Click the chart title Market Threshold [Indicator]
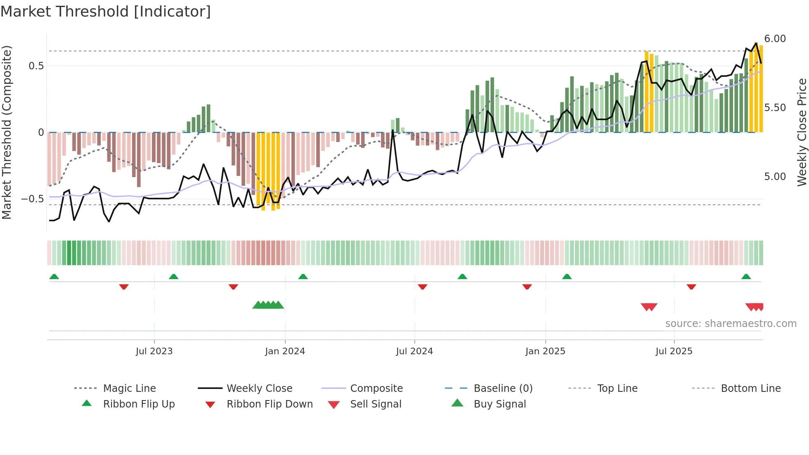[106, 12]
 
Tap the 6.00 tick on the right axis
[775, 39]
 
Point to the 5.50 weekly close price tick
[775, 108]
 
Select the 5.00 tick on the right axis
[775, 177]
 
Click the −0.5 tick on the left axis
[32, 199]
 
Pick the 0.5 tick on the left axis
[36, 66]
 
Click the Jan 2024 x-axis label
[285, 351]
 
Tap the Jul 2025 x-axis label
[674, 351]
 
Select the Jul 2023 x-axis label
[154, 351]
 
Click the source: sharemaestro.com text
[731, 324]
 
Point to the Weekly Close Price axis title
[802, 132]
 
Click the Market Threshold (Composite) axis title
[7, 132]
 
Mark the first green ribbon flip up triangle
[54, 277]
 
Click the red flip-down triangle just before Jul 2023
[124, 287]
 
